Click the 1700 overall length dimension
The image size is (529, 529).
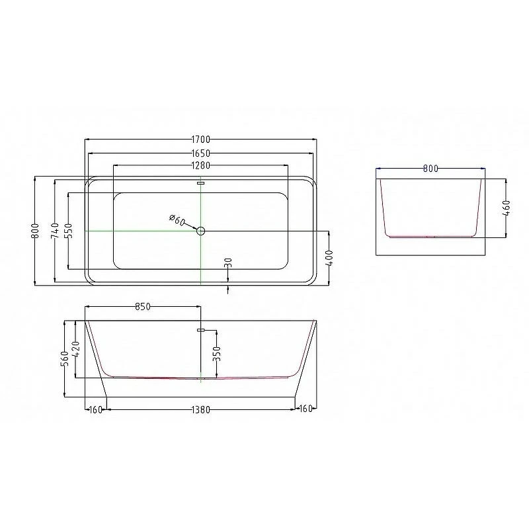[201, 139]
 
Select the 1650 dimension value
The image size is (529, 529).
[201, 153]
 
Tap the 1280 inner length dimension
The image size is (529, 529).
[201, 165]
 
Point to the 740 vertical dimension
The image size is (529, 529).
[55, 231]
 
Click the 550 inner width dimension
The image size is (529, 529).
[68, 231]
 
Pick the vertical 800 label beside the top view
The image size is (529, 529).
[35, 231]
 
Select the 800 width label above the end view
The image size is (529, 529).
[430, 169]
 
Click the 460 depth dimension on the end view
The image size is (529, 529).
[506, 208]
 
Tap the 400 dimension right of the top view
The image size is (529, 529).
[329, 258]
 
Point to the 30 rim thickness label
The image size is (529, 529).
[228, 263]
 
